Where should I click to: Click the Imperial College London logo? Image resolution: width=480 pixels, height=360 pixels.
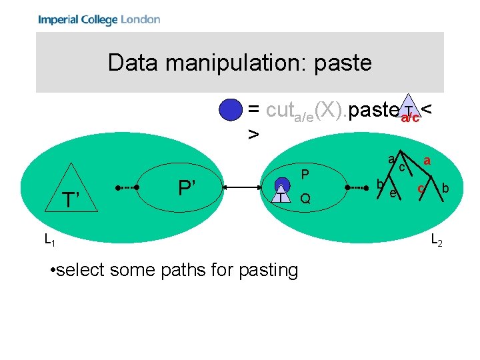click(99, 19)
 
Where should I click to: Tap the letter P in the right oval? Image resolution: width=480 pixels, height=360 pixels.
click(303, 175)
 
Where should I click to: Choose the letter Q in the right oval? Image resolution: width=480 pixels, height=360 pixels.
click(305, 199)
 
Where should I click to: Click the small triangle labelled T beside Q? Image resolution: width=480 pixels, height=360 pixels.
click(283, 194)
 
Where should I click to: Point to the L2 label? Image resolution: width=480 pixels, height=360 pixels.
click(437, 239)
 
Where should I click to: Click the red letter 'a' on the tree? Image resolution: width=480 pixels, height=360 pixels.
click(427, 161)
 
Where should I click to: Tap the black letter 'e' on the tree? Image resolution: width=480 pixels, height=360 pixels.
click(393, 193)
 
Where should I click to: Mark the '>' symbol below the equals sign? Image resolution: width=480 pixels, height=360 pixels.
click(253, 134)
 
